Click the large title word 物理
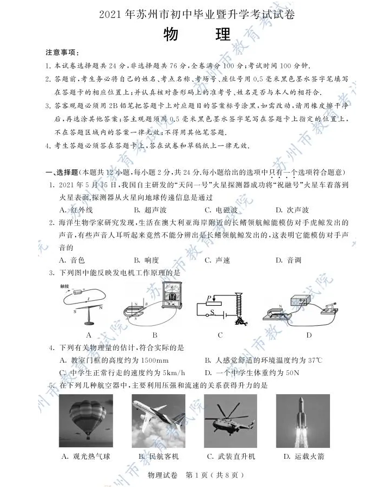pyautogui.click(x=196, y=35)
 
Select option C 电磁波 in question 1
pyautogui.click(x=221, y=210)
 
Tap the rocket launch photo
pyautogui.click(x=303, y=420)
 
